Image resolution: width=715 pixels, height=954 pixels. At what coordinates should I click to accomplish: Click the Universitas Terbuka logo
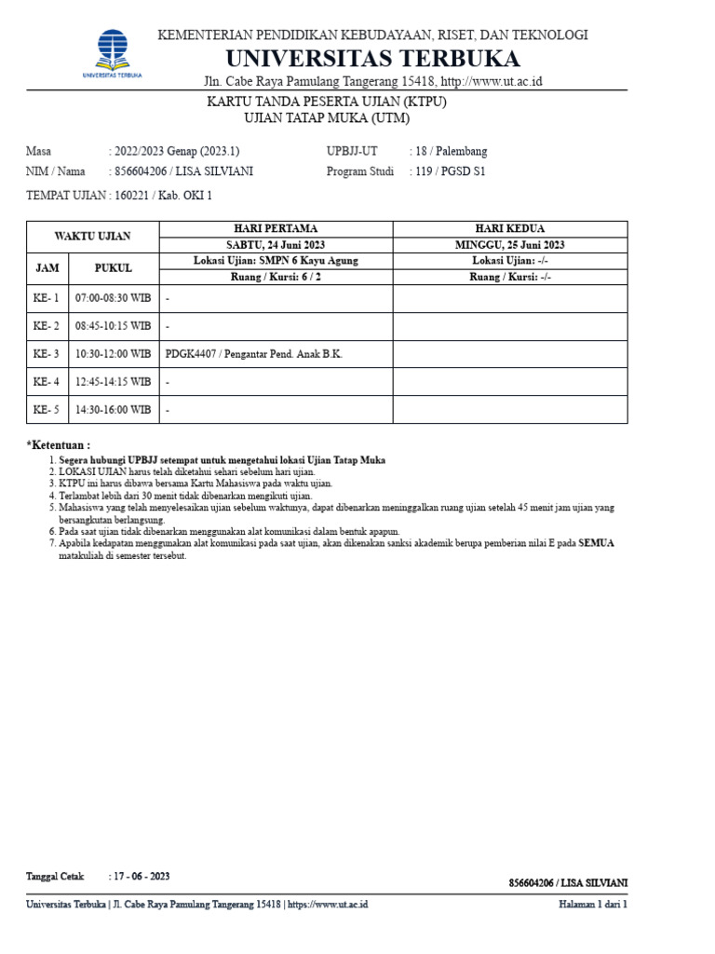pyautogui.click(x=113, y=52)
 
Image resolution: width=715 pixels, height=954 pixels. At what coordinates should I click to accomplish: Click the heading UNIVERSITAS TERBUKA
pyautogui.click(x=372, y=59)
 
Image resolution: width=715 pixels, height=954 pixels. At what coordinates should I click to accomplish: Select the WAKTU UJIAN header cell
pyautogui.click(x=93, y=237)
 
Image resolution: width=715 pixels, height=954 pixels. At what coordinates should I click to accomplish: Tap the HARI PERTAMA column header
pyautogui.click(x=276, y=228)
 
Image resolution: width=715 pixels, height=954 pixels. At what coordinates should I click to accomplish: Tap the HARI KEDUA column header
pyautogui.click(x=510, y=228)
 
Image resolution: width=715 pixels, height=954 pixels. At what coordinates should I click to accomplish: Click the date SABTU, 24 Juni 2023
pyautogui.click(x=276, y=245)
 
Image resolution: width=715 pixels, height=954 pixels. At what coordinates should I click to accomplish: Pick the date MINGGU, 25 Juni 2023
pyautogui.click(x=510, y=245)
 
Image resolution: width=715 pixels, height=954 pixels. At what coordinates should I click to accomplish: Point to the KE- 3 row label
pyautogui.click(x=47, y=354)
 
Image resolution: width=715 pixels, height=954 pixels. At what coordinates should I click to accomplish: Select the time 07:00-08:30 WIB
pyautogui.click(x=114, y=298)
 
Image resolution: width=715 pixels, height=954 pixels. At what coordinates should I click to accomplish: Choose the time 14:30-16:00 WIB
pyautogui.click(x=114, y=409)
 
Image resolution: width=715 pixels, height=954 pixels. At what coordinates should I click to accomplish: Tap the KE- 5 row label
pyautogui.click(x=47, y=409)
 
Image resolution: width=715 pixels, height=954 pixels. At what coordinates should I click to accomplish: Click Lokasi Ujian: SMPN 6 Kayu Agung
pyautogui.click(x=276, y=261)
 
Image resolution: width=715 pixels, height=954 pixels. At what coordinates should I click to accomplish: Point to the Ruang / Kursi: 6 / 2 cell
pyautogui.click(x=276, y=277)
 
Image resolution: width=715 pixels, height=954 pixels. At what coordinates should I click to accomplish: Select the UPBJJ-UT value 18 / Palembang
pyautogui.click(x=451, y=151)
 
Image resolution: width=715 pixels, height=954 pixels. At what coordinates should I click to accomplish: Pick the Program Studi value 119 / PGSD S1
pyautogui.click(x=451, y=171)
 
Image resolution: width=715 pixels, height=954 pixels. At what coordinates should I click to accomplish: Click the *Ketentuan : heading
pyautogui.click(x=59, y=445)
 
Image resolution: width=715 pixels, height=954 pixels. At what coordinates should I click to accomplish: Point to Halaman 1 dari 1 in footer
pyautogui.click(x=593, y=905)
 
